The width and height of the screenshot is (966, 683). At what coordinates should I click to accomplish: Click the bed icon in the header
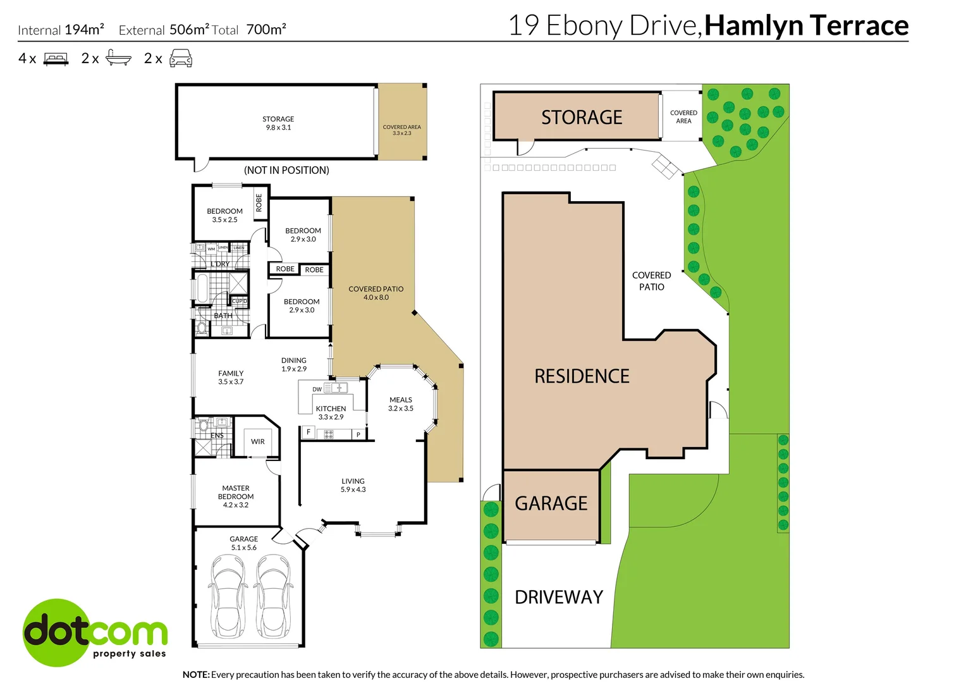click(x=56, y=59)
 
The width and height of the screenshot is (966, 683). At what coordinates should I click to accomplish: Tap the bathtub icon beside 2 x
click(x=118, y=58)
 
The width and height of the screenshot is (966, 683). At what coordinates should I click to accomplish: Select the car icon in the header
click(x=181, y=59)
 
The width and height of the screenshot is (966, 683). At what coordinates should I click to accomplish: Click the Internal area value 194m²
click(x=84, y=29)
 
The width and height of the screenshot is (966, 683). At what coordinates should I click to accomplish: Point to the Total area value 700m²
click(x=266, y=29)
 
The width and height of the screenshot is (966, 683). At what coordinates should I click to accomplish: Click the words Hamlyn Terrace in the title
click(x=806, y=25)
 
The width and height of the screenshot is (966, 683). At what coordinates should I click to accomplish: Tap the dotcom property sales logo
click(x=95, y=632)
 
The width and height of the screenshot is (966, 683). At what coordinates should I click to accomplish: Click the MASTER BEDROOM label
click(x=236, y=496)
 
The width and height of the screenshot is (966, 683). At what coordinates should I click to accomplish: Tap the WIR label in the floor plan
click(x=258, y=441)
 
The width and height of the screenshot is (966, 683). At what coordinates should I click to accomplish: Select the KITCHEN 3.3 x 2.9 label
click(x=331, y=413)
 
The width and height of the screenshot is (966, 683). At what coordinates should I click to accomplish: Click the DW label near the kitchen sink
click(x=317, y=390)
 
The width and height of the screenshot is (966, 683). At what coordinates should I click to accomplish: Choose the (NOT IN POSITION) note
click(x=286, y=170)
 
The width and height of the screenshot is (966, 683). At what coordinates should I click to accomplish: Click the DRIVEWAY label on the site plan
click(x=559, y=597)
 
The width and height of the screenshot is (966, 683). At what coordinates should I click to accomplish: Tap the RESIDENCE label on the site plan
click(x=582, y=376)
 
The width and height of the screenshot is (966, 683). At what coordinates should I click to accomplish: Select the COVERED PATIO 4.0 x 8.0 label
click(x=376, y=293)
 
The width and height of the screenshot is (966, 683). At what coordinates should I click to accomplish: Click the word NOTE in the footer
click(x=196, y=675)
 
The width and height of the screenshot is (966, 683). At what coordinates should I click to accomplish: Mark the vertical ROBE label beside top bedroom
click(x=259, y=202)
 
